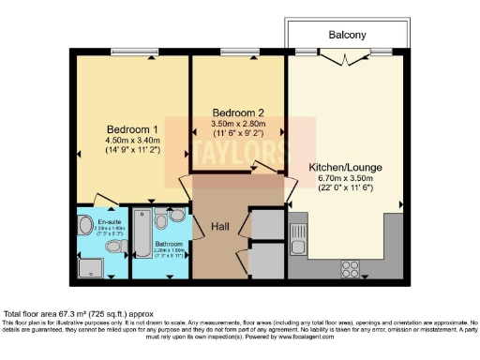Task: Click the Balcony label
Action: point(347,35)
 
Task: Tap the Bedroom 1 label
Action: point(131,129)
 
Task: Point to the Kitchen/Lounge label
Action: point(346,169)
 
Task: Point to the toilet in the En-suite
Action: point(114,247)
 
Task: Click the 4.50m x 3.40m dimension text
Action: point(131,142)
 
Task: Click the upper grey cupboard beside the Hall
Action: point(268,224)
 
